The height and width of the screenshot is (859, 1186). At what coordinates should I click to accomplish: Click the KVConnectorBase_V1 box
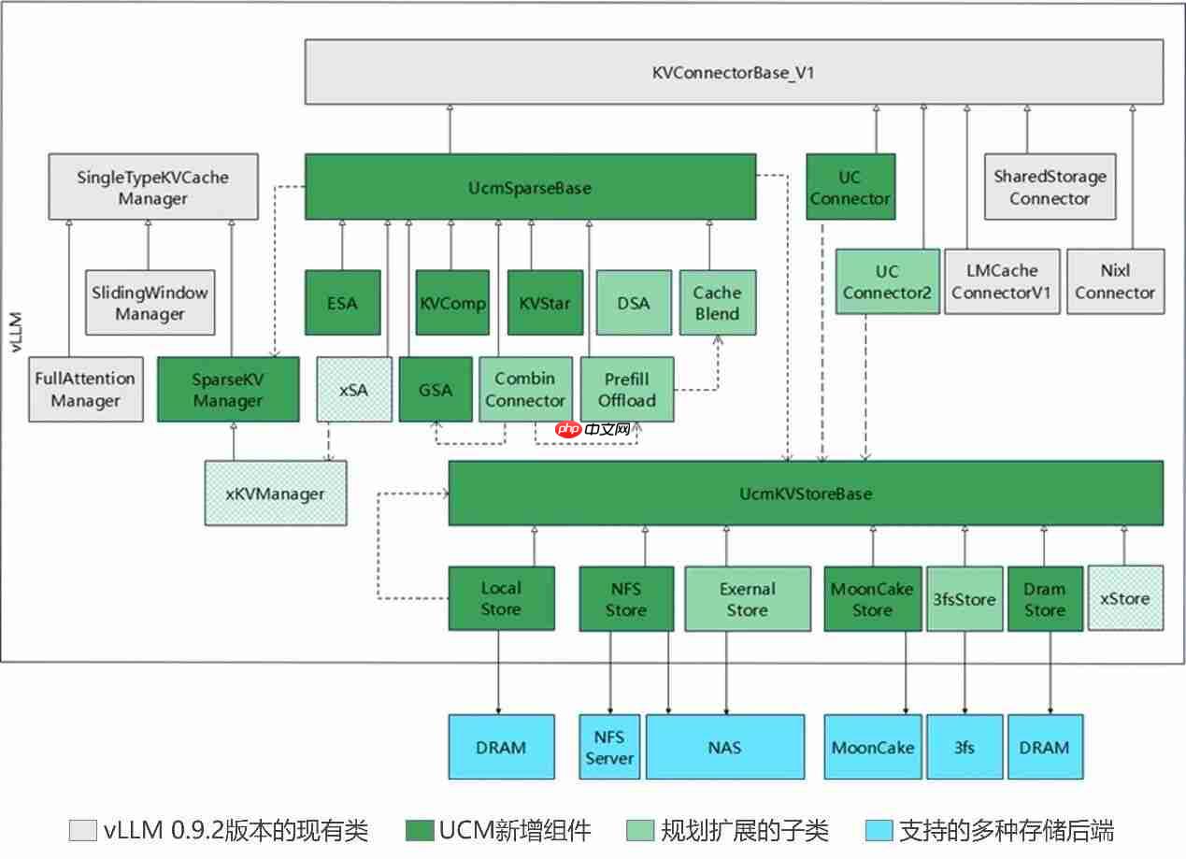pos(734,72)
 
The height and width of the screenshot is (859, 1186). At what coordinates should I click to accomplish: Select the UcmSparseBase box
pos(530,188)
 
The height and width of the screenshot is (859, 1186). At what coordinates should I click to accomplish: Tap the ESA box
pos(343,303)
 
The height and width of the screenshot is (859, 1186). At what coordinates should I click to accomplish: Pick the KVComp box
pos(452,303)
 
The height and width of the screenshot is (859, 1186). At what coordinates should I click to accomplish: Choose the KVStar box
pos(545,303)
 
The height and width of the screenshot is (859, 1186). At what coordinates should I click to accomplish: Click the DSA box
pos(634,303)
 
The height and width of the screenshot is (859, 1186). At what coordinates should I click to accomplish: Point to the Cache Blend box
pos(717,303)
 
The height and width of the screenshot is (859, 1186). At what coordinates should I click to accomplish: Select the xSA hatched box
pos(353,389)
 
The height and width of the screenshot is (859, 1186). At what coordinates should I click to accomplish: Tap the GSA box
pos(436,389)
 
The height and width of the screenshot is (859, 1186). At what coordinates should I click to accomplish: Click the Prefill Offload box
pos(626,389)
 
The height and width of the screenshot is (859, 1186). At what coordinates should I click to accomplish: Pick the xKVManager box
pos(275,493)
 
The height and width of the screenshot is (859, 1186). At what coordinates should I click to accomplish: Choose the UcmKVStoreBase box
pos(806,493)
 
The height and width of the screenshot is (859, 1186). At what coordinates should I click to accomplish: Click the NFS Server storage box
pos(609,747)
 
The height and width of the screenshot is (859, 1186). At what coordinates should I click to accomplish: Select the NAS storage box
pos(724,747)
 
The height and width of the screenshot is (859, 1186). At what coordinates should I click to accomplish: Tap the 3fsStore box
pos(965,598)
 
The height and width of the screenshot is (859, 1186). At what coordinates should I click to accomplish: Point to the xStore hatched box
pos(1125,598)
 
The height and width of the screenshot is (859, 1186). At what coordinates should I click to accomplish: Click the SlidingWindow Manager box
pos(148,303)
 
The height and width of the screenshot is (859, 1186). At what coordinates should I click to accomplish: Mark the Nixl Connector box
pos(1114,281)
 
